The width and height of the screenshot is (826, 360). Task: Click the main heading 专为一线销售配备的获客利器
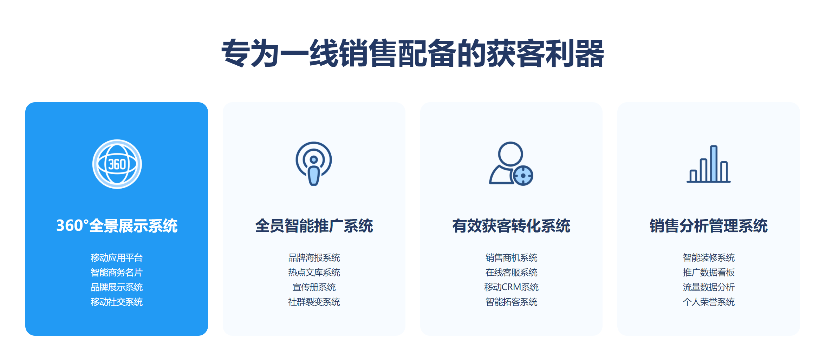click(413, 53)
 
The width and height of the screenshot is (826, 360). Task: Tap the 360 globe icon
click(117, 164)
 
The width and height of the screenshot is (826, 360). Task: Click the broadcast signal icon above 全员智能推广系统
click(314, 164)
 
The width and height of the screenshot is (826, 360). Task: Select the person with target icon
click(511, 164)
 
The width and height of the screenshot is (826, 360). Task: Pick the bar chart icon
click(709, 164)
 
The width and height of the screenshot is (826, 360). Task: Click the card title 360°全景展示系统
click(117, 226)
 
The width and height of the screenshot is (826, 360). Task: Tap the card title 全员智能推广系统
click(314, 226)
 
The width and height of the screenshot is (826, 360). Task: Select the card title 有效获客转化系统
click(511, 226)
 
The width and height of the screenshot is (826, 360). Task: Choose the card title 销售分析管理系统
click(709, 226)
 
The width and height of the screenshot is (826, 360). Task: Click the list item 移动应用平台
click(117, 258)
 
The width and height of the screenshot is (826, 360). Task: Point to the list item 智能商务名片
click(117, 273)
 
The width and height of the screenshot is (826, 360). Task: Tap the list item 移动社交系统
click(117, 302)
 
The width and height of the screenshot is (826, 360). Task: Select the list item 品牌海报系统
click(314, 258)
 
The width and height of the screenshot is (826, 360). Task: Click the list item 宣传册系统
click(314, 287)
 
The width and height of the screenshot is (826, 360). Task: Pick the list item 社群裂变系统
click(314, 302)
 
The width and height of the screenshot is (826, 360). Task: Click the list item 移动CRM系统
click(511, 287)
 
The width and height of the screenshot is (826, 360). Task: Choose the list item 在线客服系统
click(511, 273)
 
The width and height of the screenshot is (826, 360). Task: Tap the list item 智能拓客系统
click(511, 302)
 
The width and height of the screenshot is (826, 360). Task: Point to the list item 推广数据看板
click(709, 273)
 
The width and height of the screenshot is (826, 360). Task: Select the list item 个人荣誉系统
click(709, 302)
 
